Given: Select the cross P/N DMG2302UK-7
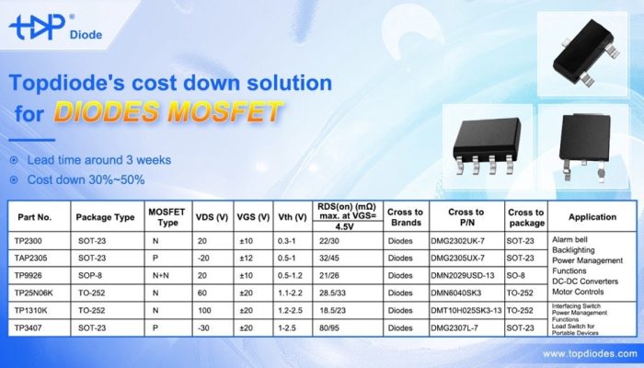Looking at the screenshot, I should tap(466, 241).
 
